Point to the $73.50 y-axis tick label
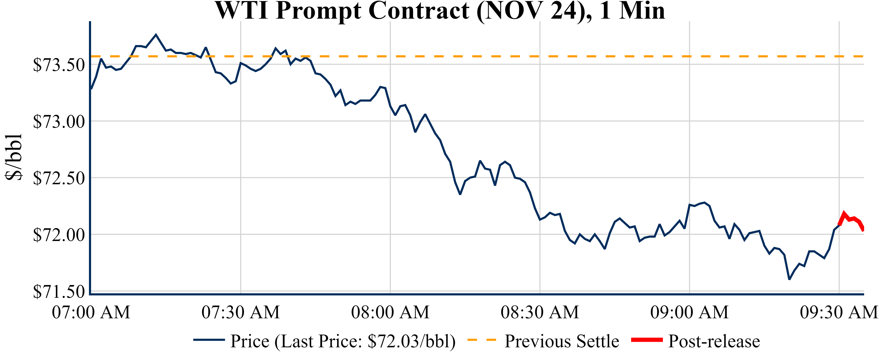point(59,65)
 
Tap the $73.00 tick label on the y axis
point(59,122)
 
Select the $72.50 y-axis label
point(59,178)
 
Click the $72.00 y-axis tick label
point(59,235)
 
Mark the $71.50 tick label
point(59,292)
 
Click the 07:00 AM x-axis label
point(91,312)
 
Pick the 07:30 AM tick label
point(241,312)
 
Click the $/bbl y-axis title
point(14,157)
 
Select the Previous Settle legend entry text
point(562,341)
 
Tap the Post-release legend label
point(714,341)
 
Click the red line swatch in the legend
point(647,340)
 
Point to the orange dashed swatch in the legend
point(481,340)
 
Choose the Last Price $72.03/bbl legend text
point(343,341)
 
